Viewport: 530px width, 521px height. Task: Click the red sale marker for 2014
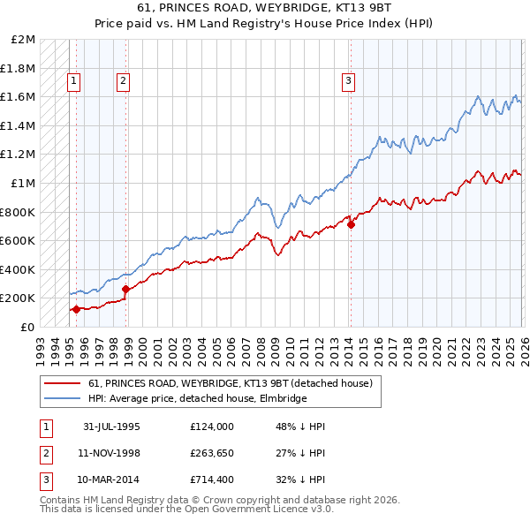pyautogui.click(x=351, y=224)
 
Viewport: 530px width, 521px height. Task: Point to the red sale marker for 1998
pyautogui.click(x=125, y=289)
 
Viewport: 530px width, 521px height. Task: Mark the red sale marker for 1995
pyautogui.click(x=77, y=309)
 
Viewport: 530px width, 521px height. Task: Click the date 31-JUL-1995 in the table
pyautogui.click(x=111, y=427)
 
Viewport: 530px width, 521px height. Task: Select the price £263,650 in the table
pyautogui.click(x=211, y=454)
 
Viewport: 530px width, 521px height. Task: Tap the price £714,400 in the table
pyautogui.click(x=211, y=481)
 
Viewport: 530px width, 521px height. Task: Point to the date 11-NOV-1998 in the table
pyautogui.click(x=111, y=454)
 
